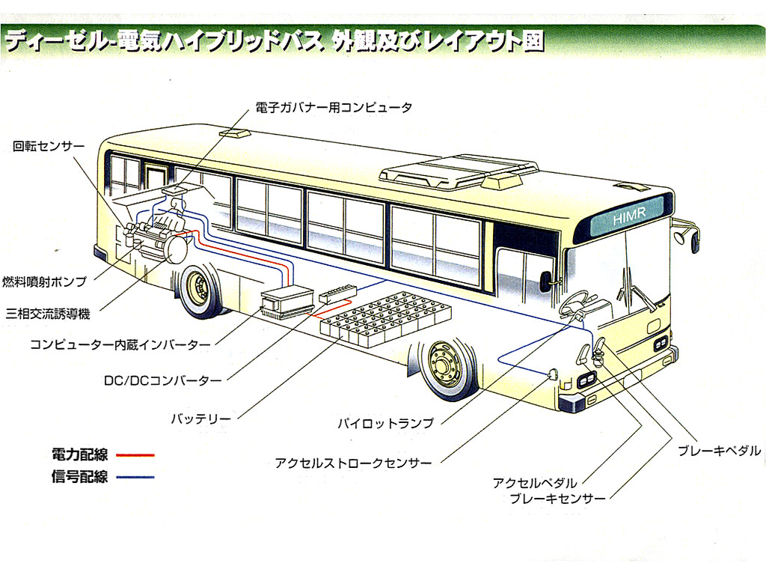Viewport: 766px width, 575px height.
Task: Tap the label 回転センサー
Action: [49, 146]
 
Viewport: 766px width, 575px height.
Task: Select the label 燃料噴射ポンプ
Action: [44, 282]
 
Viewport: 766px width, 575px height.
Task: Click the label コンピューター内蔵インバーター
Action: [120, 345]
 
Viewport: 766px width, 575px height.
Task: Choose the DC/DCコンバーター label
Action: [162, 380]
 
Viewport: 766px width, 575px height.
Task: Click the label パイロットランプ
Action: [384, 423]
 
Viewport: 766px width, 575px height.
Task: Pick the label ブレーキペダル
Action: [719, 451]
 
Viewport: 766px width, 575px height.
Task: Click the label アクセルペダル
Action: [534, 483]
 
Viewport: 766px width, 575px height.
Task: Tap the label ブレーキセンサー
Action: [557, 499]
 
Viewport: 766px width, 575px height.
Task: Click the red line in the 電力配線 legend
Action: [135, 454]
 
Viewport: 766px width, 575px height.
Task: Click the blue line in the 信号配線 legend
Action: [135, 477]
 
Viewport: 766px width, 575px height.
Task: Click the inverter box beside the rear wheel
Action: [287, 301]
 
